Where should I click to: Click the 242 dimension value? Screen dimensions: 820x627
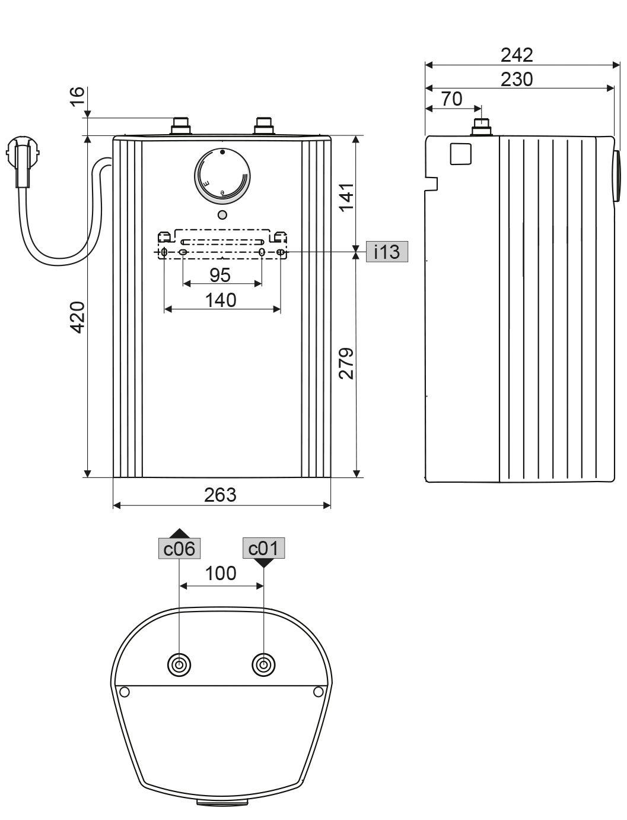[x=517, y=55]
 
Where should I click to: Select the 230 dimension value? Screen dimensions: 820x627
[x=516, y=79]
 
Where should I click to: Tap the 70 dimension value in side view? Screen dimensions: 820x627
[x=452, y=99]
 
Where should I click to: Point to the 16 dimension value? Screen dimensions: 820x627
[x=78, y=97]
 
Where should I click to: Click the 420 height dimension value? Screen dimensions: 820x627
[x=78, y=317]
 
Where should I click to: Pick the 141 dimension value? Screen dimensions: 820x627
[x=345, y=197]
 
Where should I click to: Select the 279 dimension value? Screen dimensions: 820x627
[x=345, y=363]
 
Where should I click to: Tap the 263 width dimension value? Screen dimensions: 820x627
[x=220, y=495]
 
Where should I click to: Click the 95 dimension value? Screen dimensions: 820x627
[x=220, y=275]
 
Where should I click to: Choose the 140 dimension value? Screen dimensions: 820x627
[x=221, y=300]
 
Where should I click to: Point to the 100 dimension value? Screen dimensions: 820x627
[x=221, y=574]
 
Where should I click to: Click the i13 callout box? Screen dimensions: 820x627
[x=387, y=252]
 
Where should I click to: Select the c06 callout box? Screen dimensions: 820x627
[x=179, y=549]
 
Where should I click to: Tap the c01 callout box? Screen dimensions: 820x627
[x=264, y=548]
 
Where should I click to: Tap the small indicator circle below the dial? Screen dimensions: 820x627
[x=222, y=214]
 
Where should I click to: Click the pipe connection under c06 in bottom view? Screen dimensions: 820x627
[x=179, y=664]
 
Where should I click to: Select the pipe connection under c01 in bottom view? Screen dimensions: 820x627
[x=263, y=664]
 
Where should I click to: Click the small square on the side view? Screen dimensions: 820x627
[x=461, y=154]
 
